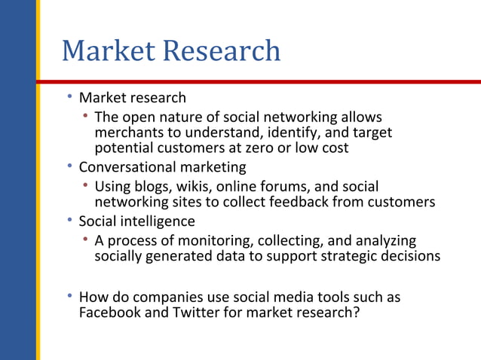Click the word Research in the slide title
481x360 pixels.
(222, 51)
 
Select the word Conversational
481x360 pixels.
(127, 166)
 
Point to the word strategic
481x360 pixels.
(342, 256)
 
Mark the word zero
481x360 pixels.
(263, 148)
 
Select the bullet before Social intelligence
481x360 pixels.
(69, 221)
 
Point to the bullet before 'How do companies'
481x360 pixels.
(69, 297)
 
